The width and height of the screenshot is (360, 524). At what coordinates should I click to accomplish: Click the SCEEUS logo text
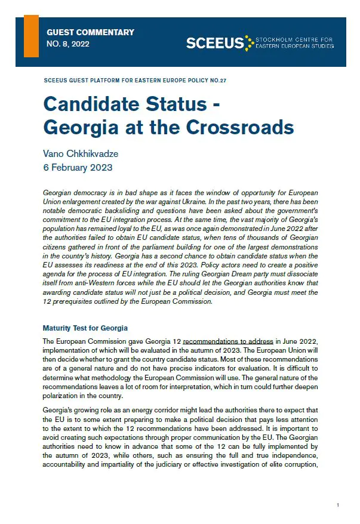(216, 42)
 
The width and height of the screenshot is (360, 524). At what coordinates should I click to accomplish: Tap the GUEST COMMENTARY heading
(90, 32)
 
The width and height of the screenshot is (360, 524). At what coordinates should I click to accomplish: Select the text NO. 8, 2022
(67, 44)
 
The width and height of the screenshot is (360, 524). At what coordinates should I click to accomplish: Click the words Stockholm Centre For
(294, 39)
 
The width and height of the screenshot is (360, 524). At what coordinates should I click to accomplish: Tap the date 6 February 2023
(78, 167)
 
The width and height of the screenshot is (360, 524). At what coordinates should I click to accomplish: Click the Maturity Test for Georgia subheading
(85, 328)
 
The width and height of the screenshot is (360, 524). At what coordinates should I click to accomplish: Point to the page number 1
(338, 505)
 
